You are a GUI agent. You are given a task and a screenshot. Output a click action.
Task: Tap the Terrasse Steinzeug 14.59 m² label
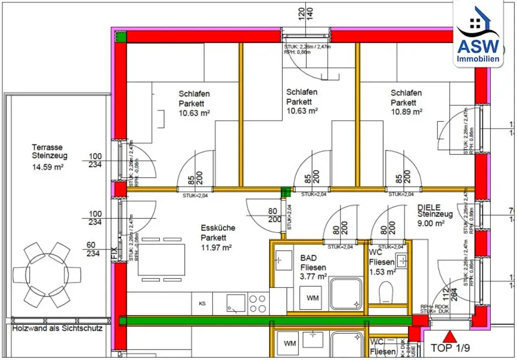click(x=49, y=156)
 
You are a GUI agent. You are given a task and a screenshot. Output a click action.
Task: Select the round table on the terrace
click(x=47, y=275)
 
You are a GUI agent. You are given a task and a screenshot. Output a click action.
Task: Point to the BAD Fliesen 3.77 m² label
click(x=313, y=267)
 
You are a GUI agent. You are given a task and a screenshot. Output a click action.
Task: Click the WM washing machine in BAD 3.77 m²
click(x=313, y=298)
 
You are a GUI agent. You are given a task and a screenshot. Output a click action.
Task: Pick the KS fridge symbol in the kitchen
click(x=202, y=304)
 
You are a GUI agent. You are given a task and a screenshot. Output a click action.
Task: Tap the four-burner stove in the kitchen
click(x=257, y=303)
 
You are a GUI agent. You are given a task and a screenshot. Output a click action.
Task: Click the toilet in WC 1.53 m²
click(x=387, y=292)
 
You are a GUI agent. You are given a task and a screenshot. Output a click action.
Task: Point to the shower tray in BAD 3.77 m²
click(x=345, y=293)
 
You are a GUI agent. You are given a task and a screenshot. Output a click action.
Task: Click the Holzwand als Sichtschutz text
click(x=57, y=328)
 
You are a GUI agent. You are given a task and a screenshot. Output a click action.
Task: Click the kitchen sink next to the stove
click(x=235, y=303)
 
